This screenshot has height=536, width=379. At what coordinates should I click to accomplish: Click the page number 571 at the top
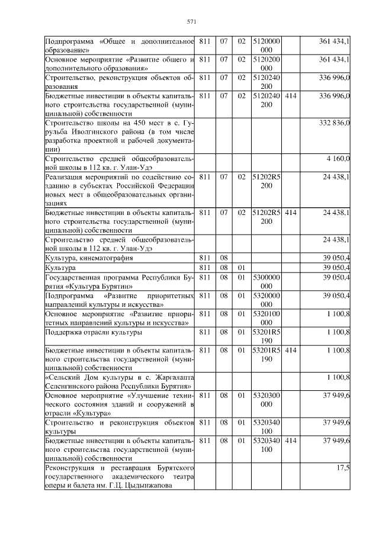(191, 22)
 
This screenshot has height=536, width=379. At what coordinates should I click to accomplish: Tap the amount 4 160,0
(338, 159)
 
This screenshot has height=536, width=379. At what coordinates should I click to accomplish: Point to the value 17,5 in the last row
(343, 468)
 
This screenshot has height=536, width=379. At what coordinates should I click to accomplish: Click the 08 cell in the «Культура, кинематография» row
(224, 258)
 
